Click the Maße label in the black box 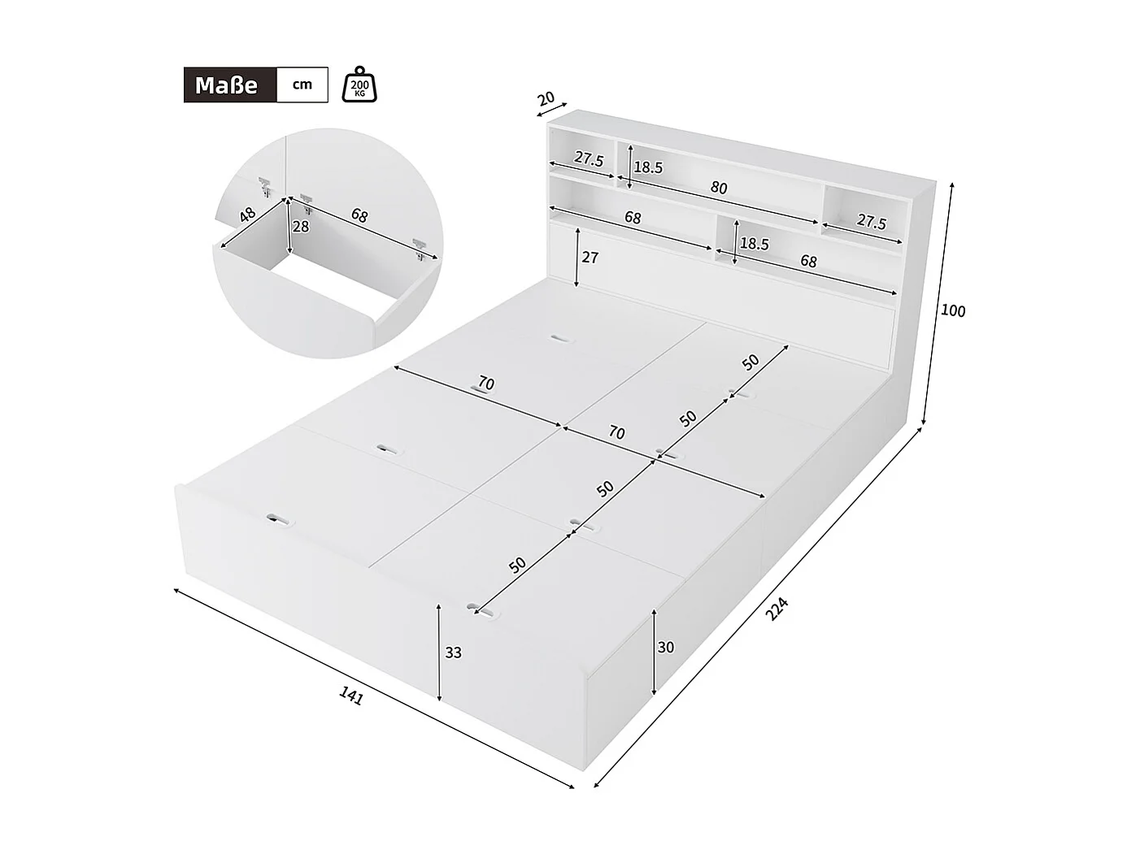226,85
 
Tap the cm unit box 302,85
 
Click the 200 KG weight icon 360,85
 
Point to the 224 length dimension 777,609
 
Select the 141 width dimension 351,695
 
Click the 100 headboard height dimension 952,311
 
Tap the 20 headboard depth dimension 546,99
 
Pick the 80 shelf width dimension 719,188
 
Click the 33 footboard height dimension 453,652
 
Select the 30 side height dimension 666,648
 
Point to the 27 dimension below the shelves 590,258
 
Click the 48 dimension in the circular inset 247,215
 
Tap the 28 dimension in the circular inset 301,227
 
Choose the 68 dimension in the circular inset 359,215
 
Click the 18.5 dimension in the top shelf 648,168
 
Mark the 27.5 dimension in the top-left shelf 589,159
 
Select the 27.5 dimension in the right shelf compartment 871,222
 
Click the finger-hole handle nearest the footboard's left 279,519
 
